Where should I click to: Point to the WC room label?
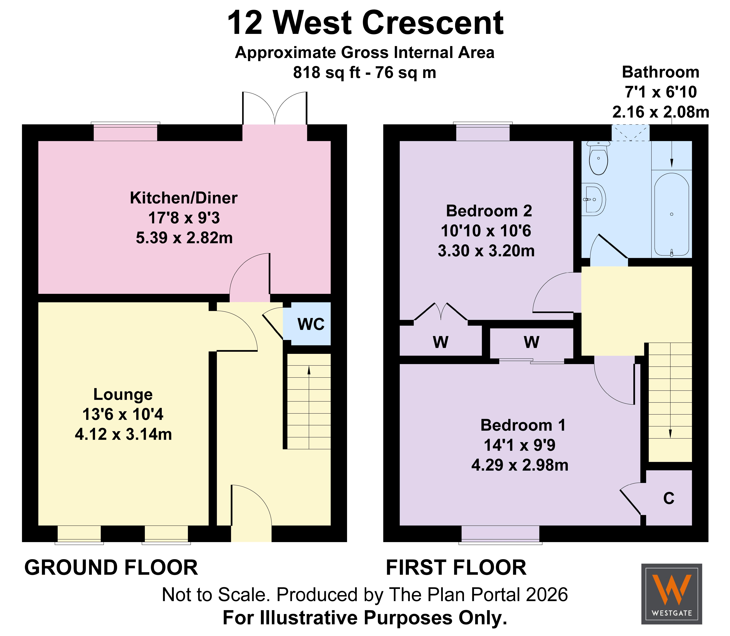(x=311, y=324)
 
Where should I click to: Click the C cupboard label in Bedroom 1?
(x=669, y=499)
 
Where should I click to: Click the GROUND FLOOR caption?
(x=111, y=568)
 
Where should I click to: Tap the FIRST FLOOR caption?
(x=456, y=568)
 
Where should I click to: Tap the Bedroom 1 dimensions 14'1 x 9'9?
(x=520, y=445)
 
